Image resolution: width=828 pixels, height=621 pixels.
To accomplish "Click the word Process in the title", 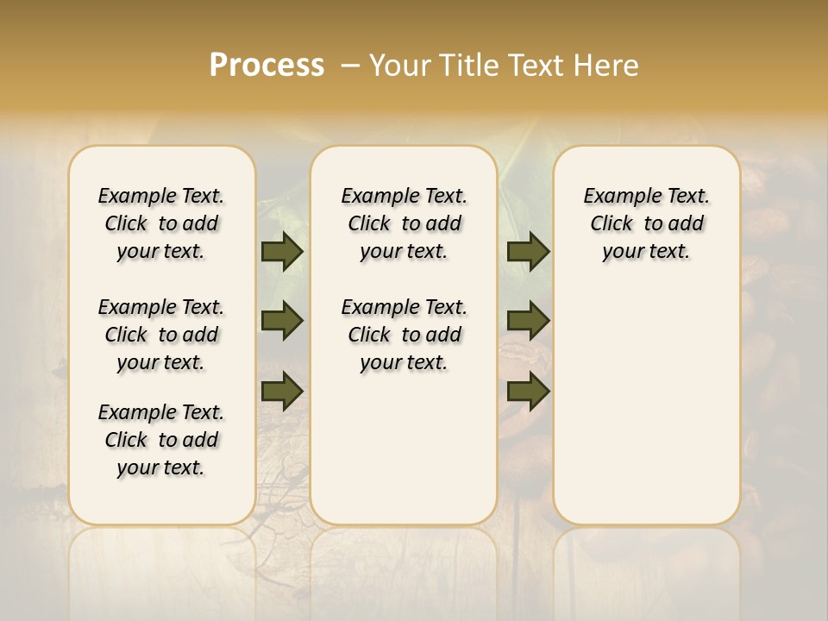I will (267, 66).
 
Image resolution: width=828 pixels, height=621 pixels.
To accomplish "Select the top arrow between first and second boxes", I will (282, 251).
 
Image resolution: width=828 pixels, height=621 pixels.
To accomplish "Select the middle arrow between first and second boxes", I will (282, 321).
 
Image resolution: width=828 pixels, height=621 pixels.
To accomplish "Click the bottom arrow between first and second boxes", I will (282, 391).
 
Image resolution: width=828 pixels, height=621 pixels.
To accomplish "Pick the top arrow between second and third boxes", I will (529, 251).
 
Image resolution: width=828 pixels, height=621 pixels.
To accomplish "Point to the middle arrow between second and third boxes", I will (529, 321).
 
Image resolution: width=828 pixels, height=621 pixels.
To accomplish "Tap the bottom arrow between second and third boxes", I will (529, 391).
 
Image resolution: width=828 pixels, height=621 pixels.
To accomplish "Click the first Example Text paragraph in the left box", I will (161, 223).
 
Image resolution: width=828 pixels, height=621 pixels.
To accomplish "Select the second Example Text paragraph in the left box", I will (161, 335).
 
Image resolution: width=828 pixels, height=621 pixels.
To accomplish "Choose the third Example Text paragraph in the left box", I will (161, 440).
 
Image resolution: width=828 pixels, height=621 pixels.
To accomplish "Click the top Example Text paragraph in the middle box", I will (404, 223).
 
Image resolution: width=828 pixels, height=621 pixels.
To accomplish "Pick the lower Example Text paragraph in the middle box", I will (404, 335).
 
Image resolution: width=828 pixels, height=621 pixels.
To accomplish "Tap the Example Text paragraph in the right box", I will (646, 223).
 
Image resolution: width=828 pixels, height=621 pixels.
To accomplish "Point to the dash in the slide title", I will (350, 66).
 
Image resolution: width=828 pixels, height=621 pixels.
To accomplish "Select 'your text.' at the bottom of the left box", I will (160, 467).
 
